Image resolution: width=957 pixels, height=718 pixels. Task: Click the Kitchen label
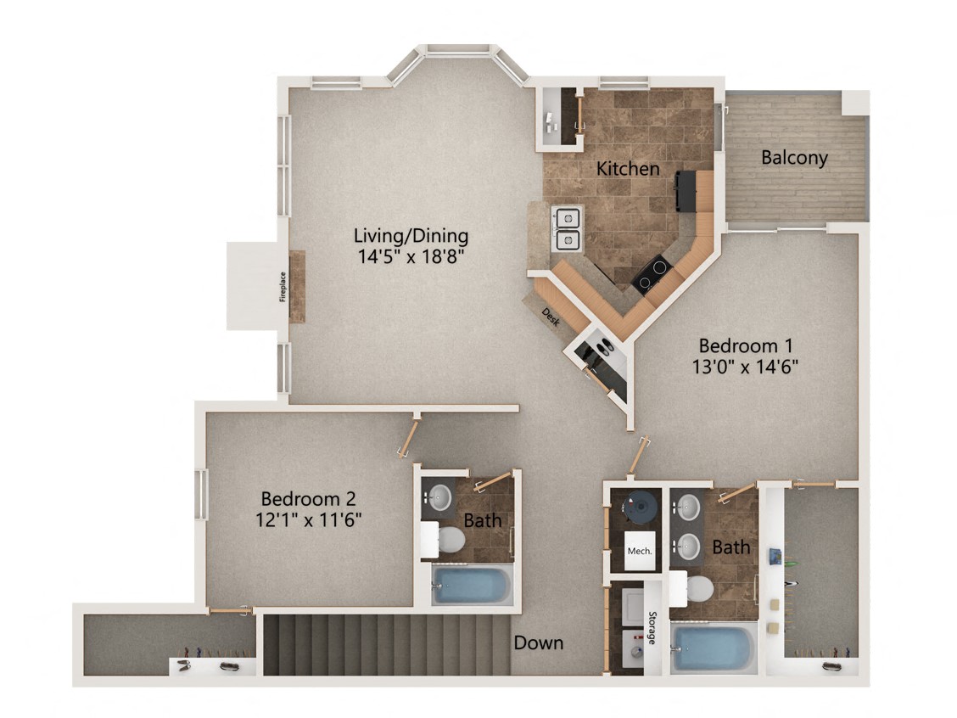click(x=627, y=168)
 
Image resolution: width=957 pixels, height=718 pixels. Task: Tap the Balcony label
click(x=793, y=157)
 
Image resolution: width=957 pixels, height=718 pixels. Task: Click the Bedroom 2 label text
click(x=307, y=498)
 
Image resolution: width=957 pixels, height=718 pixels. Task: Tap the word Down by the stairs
click(x=538, y=642)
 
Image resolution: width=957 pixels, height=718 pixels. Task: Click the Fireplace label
click(x=283, y=286)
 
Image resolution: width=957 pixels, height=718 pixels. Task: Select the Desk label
click(x=551, y=317)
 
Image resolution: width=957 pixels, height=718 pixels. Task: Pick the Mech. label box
click(x=639, y=550)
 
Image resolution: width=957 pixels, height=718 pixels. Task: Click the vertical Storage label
click(x=652, y=628)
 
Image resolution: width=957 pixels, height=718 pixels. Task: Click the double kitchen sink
click(x=566, y=228)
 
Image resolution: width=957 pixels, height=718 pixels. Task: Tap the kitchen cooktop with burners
click(x=651, y=274)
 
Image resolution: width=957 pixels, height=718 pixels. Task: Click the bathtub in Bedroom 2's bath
click(x=471, y=585)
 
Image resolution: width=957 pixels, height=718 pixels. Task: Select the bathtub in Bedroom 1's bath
click(x=713, y=649)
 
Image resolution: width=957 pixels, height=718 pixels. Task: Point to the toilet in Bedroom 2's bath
click(x=448, y=539)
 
